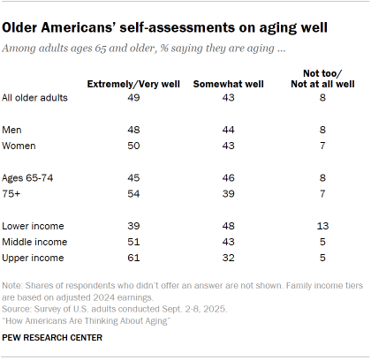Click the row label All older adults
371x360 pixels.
click(x=36, y=98)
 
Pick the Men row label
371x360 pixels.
click(x=15, y=129)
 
